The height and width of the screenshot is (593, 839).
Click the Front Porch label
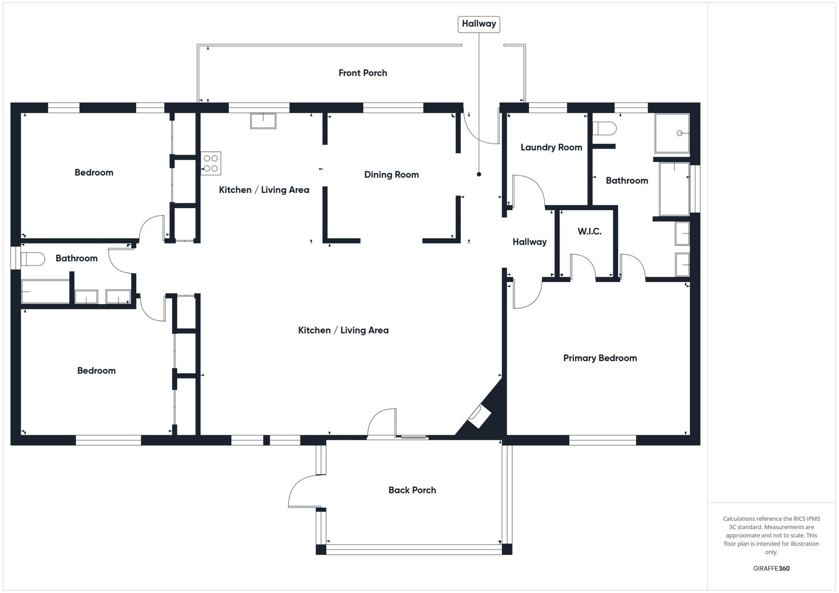click(362, 73)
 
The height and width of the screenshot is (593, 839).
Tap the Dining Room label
click(391, 175)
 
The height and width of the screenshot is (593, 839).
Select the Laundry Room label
click(551, 147)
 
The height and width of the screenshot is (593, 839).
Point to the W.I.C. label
click(589, 232)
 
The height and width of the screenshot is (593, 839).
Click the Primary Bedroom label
click(600, 358)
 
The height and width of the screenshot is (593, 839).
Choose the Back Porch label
click(412, 490)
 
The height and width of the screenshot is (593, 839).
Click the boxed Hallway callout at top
click(479, 24)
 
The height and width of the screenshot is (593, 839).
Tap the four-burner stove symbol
click(211, 164)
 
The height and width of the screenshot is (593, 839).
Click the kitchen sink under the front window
click(263, 121)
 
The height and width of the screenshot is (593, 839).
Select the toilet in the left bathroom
click(33, 259)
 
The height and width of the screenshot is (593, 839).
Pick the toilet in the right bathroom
click(605, 128)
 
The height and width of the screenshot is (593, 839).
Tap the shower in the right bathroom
click(672, 133)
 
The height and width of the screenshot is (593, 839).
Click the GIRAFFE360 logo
click(771, 568)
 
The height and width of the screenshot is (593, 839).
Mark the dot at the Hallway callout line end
click(479, 174)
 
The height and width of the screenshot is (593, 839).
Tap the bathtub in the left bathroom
click(45, 292)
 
